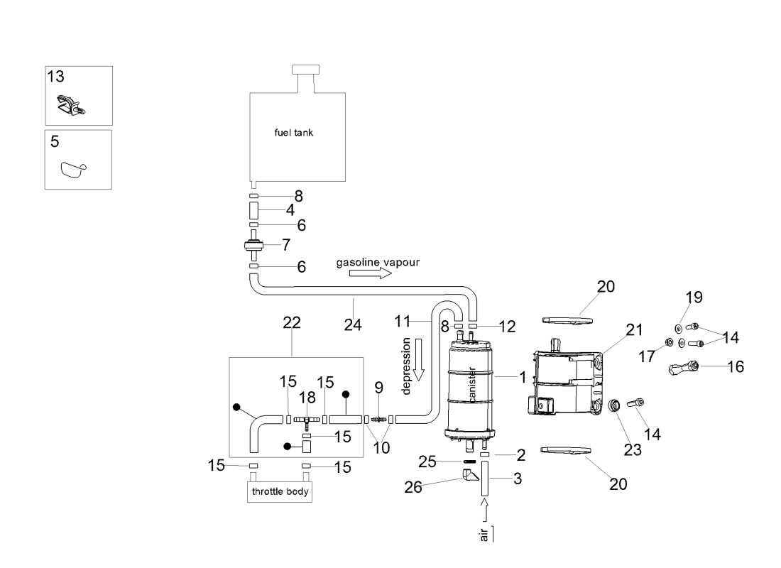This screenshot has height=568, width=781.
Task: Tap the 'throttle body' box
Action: tap(280, 491)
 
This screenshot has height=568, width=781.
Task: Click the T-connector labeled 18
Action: tap(306, 420)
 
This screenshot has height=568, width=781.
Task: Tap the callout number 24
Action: tap(353, 324)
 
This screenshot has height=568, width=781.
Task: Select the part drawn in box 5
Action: tap(72, 170)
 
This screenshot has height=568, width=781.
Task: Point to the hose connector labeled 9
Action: tap(378, 420)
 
